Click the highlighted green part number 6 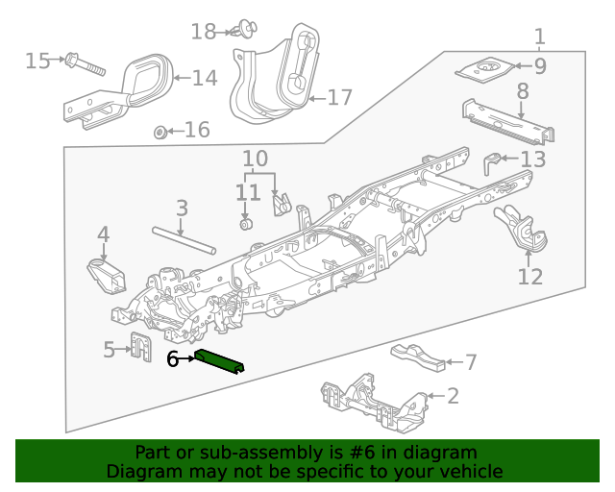pyautogui.click(x=219, y=362)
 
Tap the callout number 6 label pyautogui.click(x=173, y=360)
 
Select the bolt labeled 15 pyautogui.click(x=84, y=65)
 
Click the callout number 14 pyautogui.click(x=204, y=78)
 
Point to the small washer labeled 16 pyautogui.click(x=160, y=130)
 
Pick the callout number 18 pyautogui.click(x=203, y=32)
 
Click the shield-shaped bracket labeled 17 pyautogui.click(x=274, y=82)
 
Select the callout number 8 pyautogui.click(x=523, y=92)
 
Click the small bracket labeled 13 pyautogui.click(x=493, y=160)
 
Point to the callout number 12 pyautogui.click(x=530, y=277)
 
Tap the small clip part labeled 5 pyautogui.click(x=140, y=346)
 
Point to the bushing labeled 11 pyautogui.click(x=245, y=225)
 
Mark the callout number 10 pyautogui.click(x=255, y=158)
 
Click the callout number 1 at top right pyautogui.click(x=539, y=37)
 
